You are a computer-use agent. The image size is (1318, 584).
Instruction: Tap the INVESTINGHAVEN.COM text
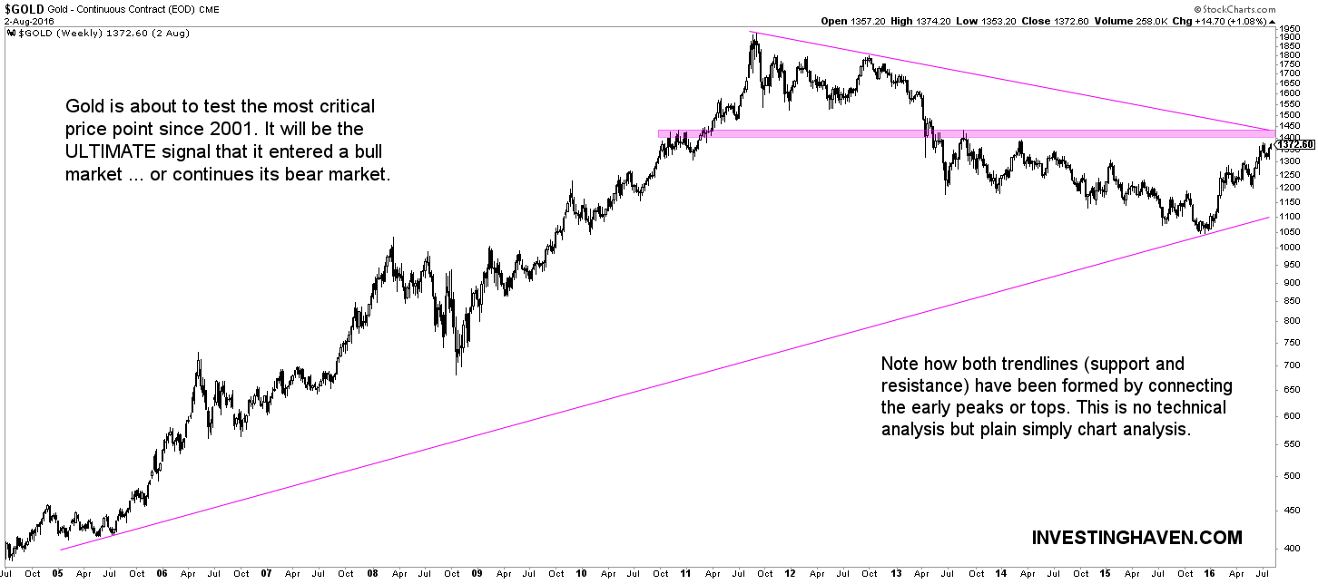click(1136, 538)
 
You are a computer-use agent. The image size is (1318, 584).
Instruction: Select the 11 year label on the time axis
click(686, 573)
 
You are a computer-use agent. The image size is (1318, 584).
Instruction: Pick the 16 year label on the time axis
click(1208, 573)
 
